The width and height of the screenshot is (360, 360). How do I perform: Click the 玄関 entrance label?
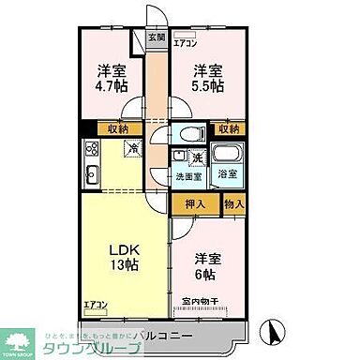point(157,38)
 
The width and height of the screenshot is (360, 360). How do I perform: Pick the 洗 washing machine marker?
point(199,156)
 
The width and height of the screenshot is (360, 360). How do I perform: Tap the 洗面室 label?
point(189,173)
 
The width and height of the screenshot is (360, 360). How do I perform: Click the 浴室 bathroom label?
point(227,173)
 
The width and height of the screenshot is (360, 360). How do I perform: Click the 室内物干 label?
point(199,302)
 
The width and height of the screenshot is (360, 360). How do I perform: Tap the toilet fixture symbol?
point(191,133)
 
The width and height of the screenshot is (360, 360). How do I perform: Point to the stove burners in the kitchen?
point(92,148)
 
